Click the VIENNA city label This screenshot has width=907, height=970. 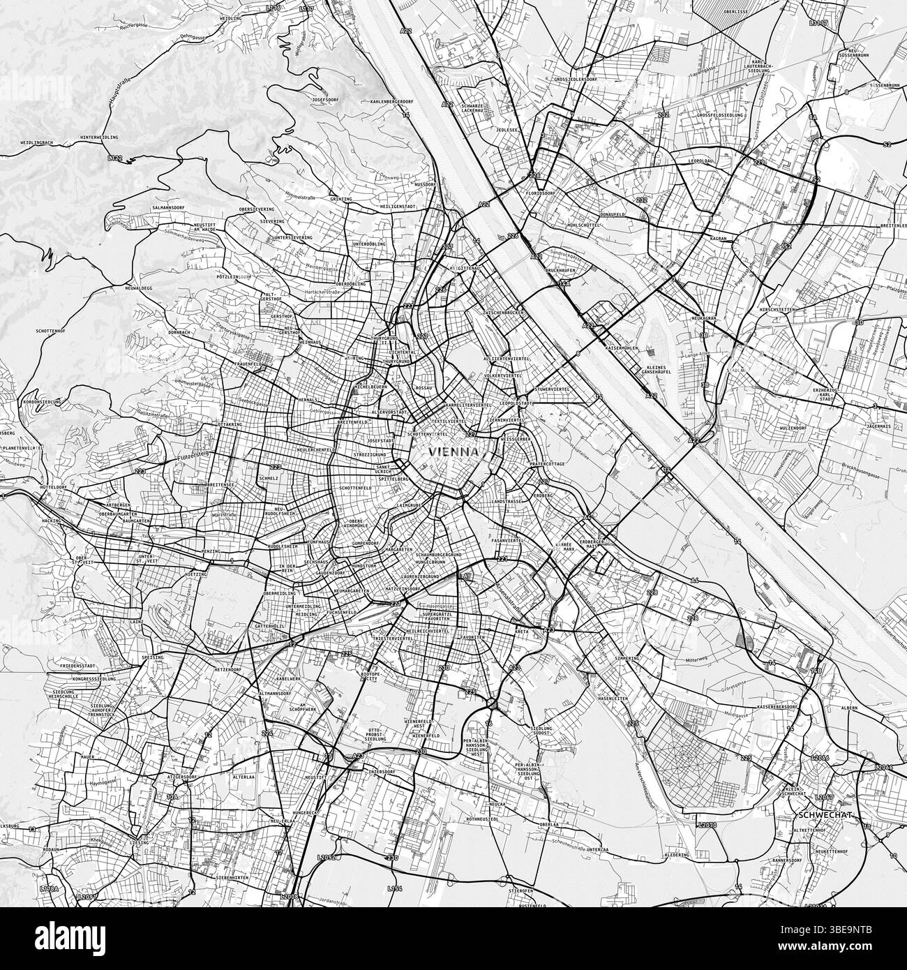tap(454, 452)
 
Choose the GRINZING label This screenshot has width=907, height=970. tap(340, 199)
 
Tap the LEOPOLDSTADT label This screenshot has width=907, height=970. tap(518, 403)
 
